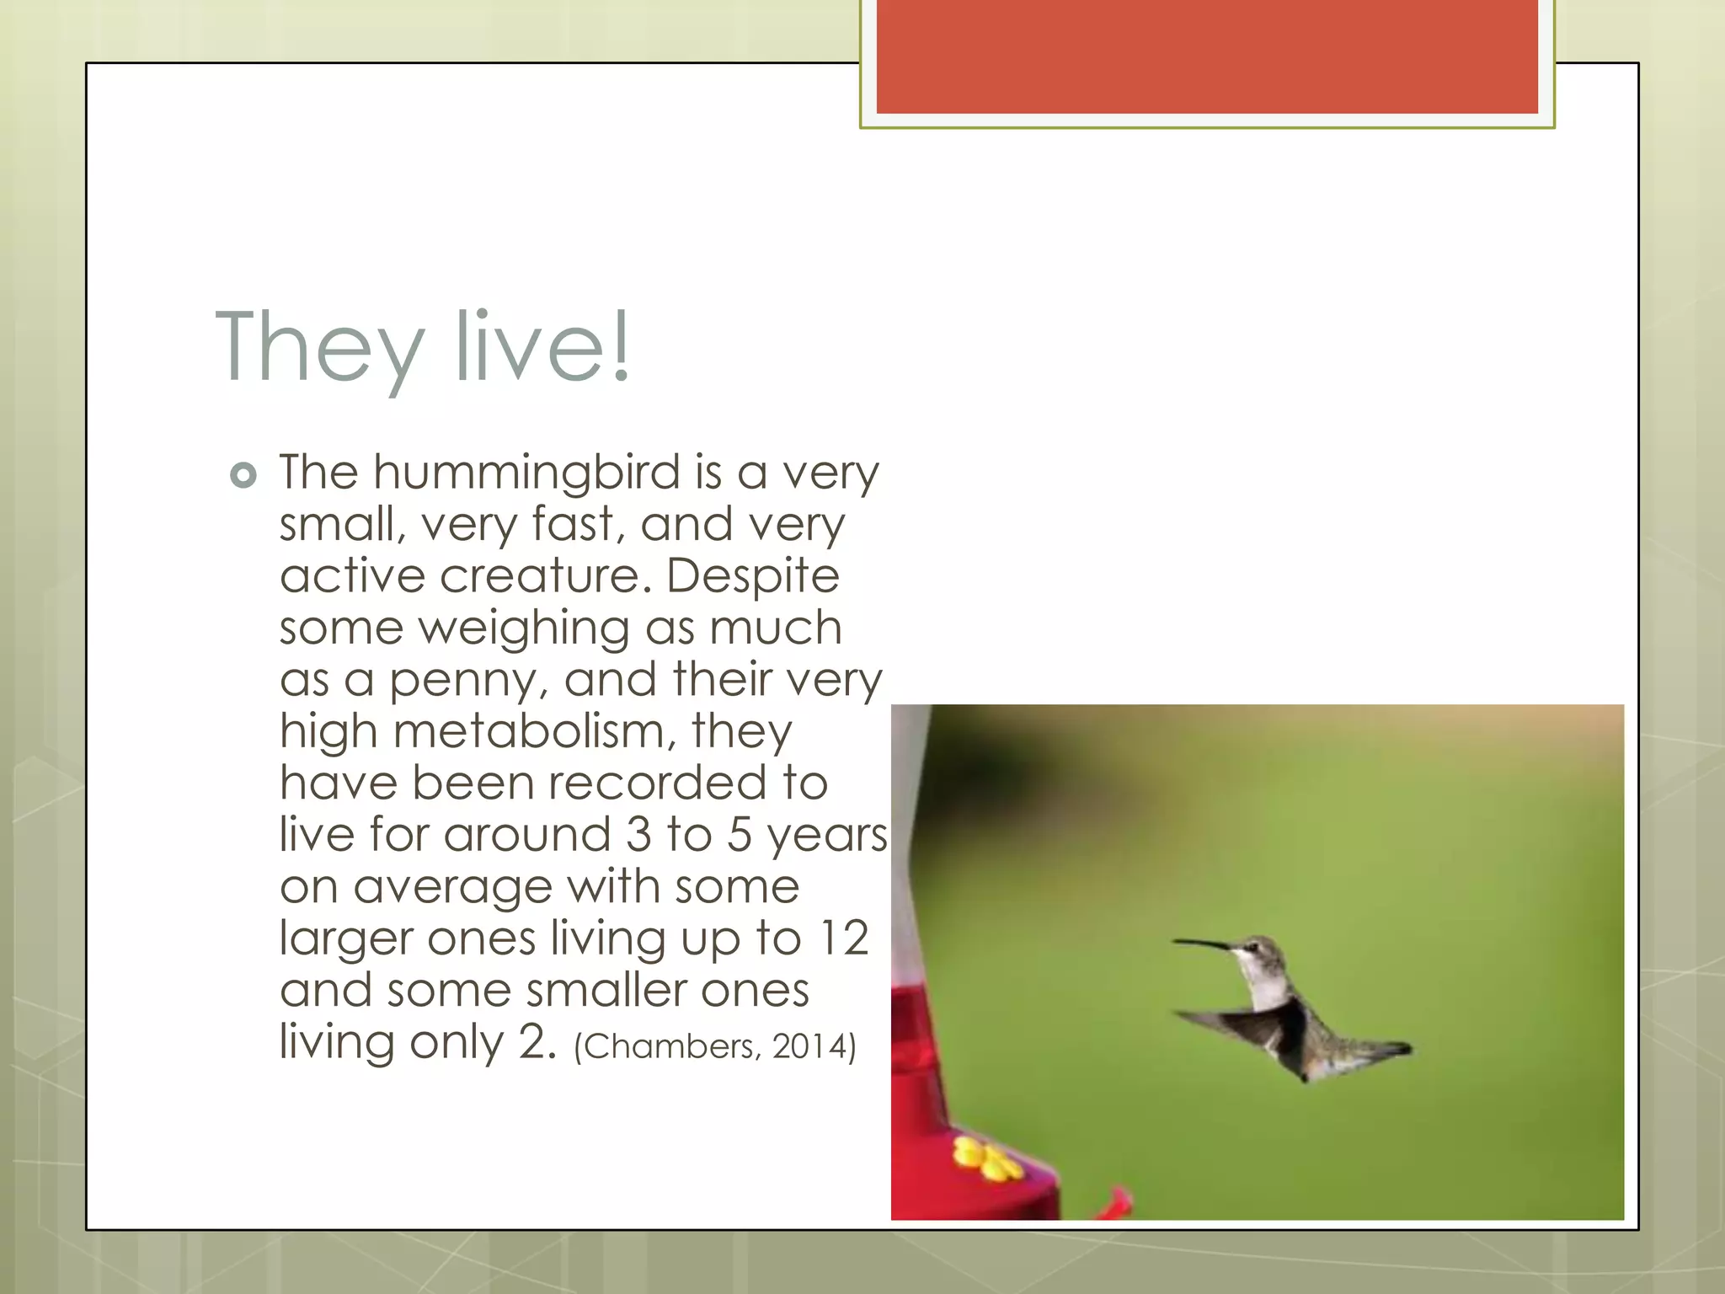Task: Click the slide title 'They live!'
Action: point(423,347)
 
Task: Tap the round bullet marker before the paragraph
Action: point(243,476)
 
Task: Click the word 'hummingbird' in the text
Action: point(526,473)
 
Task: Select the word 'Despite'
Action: point(753,577)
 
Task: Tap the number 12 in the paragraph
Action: point(843,938)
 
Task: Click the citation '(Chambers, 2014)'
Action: point(714,1046)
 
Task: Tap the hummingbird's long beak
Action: point(1204,944)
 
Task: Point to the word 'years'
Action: point(826,836)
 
